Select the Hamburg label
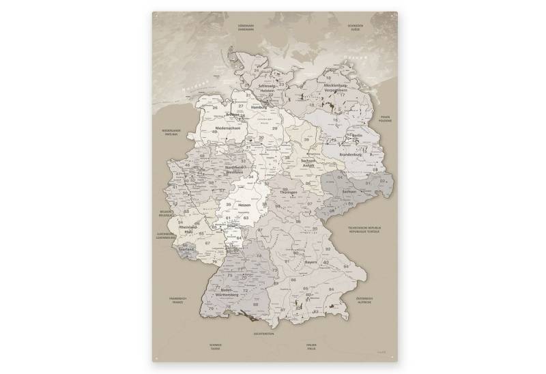click(x=258, y=108)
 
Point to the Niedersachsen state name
click(x=227, y=128)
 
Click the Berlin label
click(x=356, y=136)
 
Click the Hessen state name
click(x=244, y=205)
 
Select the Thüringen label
click(x=288, y=192)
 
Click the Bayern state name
click(x=313, y=261)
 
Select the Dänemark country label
click(x=245, y=28)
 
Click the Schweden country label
click(x=354, y=28)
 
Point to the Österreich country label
click(x=364, y=300)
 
